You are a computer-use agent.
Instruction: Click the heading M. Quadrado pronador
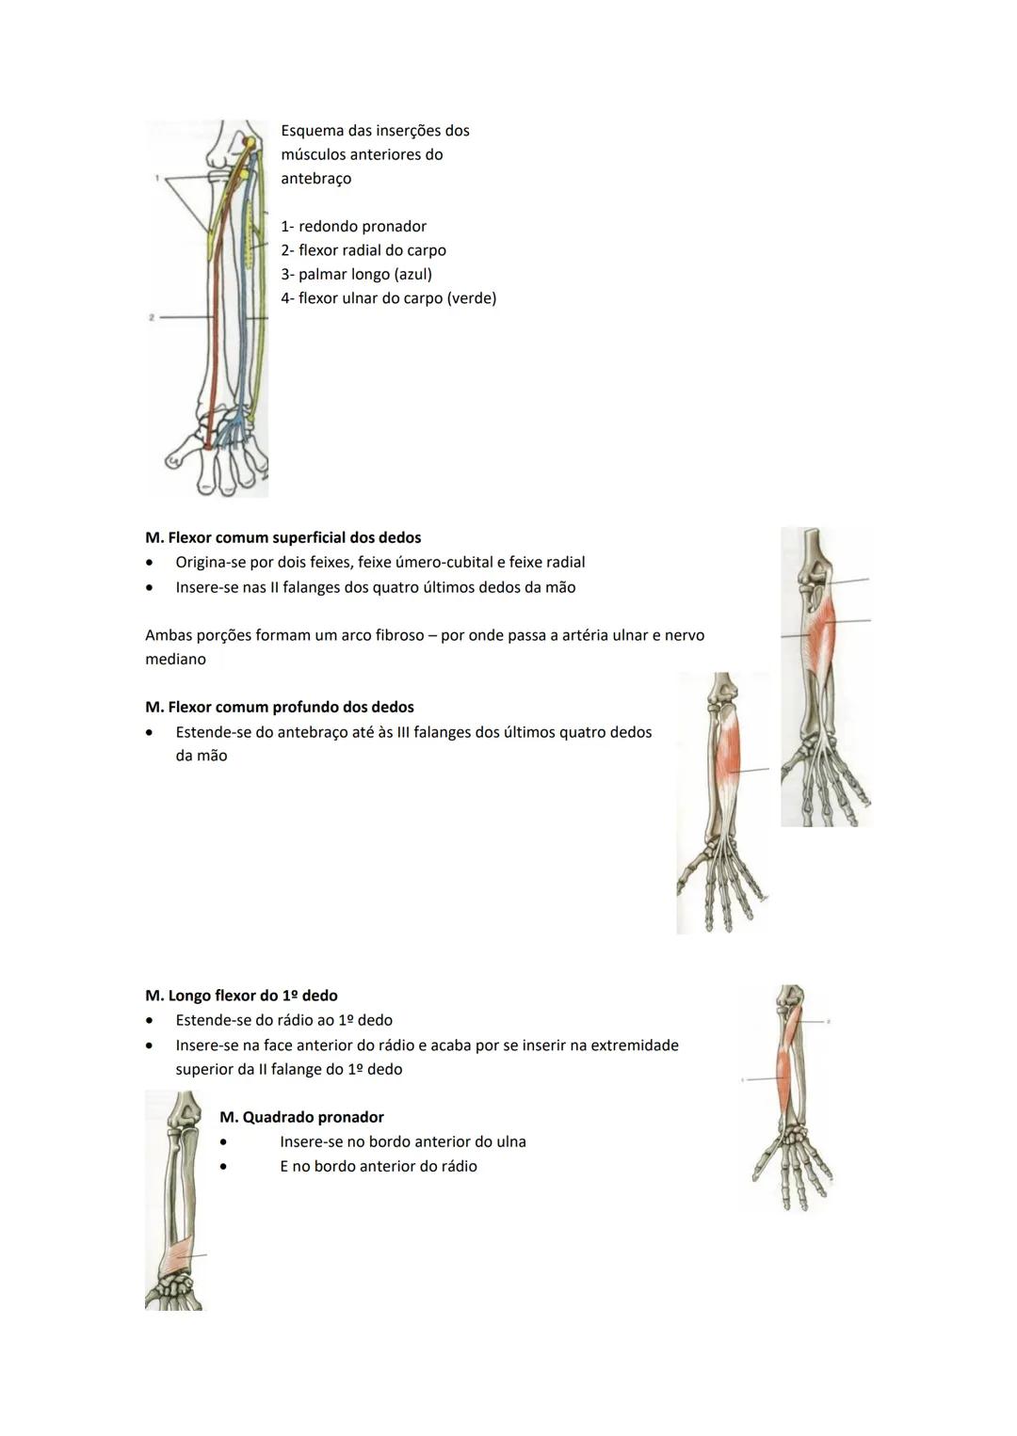[x=301, y=1117]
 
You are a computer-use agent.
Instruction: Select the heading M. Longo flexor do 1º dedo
[x=241, y=996]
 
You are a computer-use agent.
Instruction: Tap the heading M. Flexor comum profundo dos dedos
[x=279, y=707]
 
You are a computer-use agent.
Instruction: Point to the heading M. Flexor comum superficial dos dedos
[x=282, y=537]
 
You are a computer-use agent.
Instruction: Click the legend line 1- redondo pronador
[x=353, y=227]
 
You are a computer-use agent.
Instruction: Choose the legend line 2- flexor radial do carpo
[x=363, y=250]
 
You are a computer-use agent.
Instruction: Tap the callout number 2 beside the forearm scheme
[x=152, y=318]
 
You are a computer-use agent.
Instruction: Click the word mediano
[x=175, y=660]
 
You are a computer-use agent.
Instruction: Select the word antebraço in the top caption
[x=315, y=179]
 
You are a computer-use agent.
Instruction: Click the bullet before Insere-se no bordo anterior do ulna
[x=224, y=1141]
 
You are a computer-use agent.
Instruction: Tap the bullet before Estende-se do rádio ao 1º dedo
[x=149, y=1020]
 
